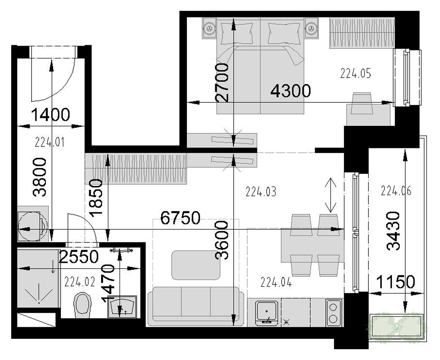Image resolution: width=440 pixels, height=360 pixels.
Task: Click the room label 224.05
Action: (356, 73)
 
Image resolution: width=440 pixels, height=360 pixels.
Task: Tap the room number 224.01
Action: (50, 142)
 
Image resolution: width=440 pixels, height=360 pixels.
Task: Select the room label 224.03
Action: (261, 192)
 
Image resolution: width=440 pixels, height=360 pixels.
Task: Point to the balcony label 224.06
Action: (396, 191)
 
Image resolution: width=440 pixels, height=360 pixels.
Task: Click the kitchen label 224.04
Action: (276, 282)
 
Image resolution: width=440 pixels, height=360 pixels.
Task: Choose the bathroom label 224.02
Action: (80, 282)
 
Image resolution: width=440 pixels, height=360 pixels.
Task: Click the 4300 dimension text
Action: (290, 91)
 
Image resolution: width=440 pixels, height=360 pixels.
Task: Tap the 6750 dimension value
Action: (180, 218)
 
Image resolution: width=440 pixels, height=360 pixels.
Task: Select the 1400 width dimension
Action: (50, 115)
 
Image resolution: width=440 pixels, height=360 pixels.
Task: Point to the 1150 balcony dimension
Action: (395, 282)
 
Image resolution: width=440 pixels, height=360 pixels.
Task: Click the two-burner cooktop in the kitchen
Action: (334, 312)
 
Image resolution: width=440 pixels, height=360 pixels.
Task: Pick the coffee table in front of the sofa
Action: (196, 265)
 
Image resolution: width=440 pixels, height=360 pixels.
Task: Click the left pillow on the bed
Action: (236, 33)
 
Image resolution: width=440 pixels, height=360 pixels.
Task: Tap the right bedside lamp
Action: (311, 28)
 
